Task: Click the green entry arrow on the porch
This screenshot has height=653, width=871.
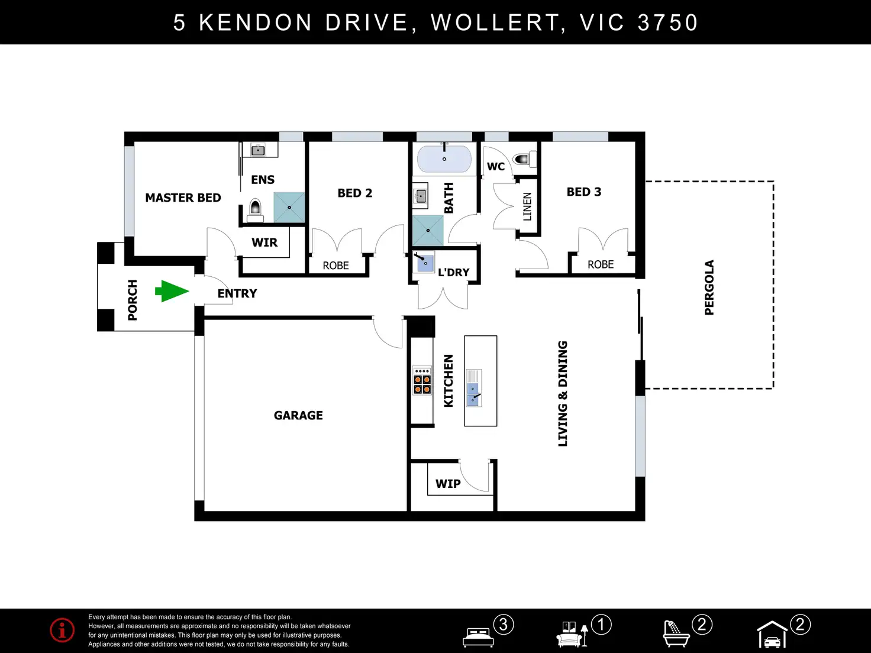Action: (172, 292)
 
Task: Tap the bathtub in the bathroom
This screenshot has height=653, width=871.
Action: (444, 159)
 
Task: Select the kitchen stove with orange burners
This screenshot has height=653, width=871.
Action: (422, 380)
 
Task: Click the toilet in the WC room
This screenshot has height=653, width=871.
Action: (525, 159)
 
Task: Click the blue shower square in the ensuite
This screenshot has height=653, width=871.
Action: (289, 208)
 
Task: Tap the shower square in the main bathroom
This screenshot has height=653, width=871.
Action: (428, 230)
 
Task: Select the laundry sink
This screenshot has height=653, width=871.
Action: (425, 262)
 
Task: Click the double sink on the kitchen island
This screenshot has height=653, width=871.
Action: (473, 388)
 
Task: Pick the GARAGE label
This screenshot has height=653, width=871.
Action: (298, 415)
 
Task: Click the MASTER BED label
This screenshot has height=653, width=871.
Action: (183, 198)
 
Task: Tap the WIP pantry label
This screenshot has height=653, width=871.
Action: (448, 484)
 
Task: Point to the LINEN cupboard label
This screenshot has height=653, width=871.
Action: (527, 206)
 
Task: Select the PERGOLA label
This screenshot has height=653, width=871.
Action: (709, 287)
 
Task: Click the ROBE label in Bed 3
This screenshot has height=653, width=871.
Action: (601, 264)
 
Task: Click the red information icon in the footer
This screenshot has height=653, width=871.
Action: (62, 630)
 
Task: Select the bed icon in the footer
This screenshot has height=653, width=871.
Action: (478, 637)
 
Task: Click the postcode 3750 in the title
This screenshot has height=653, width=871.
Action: (668, 22)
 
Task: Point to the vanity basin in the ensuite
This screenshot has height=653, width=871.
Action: (258, 150)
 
